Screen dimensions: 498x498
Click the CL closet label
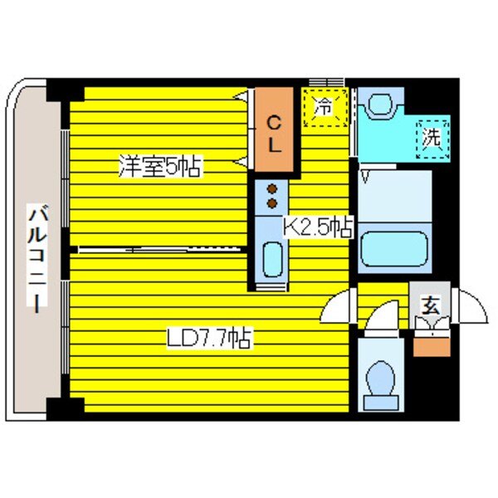point(273,132)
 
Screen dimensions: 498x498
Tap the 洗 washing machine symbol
point(431,135)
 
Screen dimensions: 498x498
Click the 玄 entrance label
point(431,305)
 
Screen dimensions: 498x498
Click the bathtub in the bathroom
point(394,249)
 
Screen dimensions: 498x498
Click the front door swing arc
point(469,309)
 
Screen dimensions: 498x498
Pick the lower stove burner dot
point(271,203)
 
